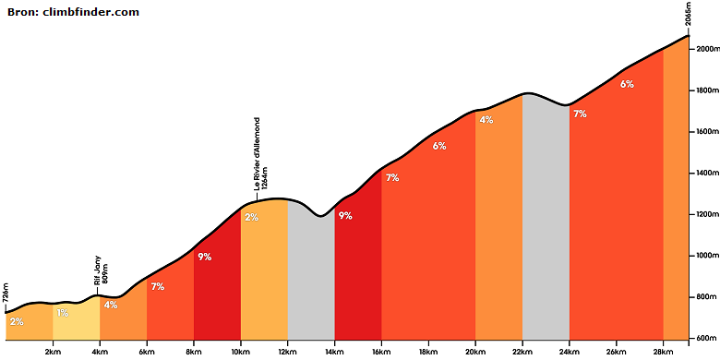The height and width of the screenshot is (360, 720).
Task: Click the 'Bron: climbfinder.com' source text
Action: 73,12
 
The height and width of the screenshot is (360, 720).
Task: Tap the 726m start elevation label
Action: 6,294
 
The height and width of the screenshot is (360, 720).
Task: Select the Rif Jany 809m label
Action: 101,270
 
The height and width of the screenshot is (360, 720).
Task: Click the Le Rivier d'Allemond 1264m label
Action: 260,154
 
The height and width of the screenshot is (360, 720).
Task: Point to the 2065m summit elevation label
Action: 688,16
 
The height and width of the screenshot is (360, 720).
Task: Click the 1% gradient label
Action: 63,313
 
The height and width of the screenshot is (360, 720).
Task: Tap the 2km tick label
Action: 53,352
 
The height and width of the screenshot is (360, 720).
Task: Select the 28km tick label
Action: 664,352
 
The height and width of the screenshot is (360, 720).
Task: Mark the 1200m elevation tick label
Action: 706,214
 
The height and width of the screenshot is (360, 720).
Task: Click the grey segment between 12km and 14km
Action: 311,275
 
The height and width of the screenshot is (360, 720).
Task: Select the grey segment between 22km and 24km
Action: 546,221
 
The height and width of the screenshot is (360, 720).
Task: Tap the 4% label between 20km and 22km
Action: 486,120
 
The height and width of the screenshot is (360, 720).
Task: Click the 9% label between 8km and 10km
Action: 204,258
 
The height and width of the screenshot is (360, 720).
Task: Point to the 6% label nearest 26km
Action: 627,84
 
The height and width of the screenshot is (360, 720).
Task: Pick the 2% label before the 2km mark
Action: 17,321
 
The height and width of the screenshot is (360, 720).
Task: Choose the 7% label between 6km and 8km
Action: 158,286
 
